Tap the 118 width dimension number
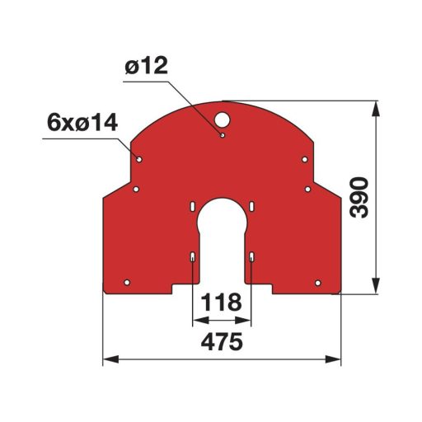pos(222,302)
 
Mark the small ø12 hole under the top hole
pos(223,133)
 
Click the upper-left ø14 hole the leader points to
pos(140,158)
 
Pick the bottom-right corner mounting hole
pos(316,283)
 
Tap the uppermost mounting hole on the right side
pos(305,158)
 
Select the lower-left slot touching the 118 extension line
pos(192,258)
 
